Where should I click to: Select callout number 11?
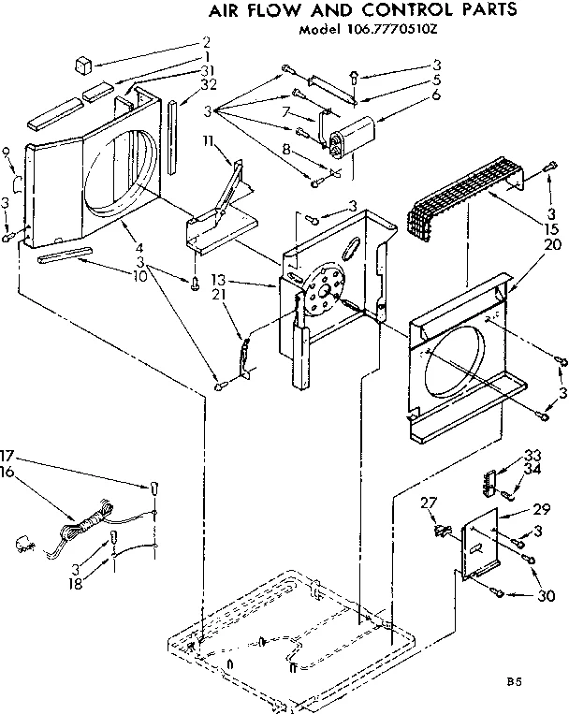coord(208,140)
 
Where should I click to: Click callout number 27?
coord(429,503)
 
